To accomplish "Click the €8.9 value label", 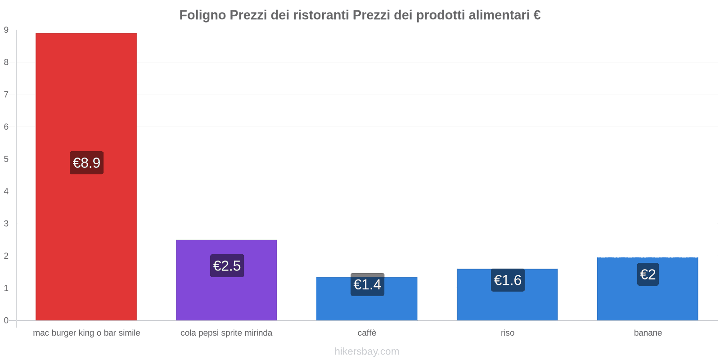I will pyautogui.click(x=86, y=163).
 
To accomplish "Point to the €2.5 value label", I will pyautogui.click(x=227, y=266).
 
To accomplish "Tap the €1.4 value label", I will pyautogui.click(x=367, y=284).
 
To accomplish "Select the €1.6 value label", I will pyautogui.click(x=508, y=280).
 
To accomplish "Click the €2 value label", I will pyautogui.click(x=648, y=274).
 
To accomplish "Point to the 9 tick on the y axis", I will pyautogui.click(x=6, y=30).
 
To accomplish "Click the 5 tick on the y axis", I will pyautogui.click(x=6, y=159).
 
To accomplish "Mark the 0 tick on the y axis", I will pyautogui.click(x=6, y=320).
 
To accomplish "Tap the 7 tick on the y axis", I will pyautogui.click(x=6, y=94).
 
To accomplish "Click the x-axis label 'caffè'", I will pyautogui.click(x=367, y=333).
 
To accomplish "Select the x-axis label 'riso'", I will pyautogui.click(x=507, y=333).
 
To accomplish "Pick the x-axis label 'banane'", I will pyautogui.click(x=648, y=333).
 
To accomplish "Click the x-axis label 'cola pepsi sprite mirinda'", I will pyautogui.click(x=226, y=333).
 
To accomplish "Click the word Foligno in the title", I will pyautogui.click(x=202, y=15).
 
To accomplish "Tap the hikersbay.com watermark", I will pyautogui.click(x=367, y=351).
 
